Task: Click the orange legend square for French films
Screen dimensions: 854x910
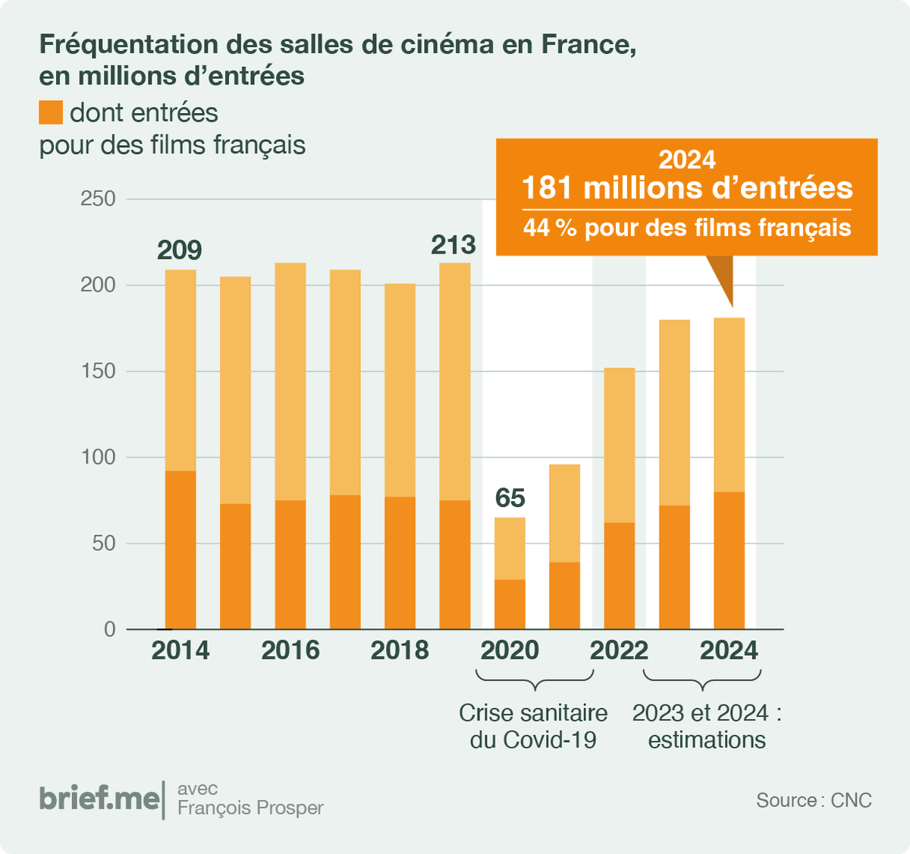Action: click(x=51, y=112)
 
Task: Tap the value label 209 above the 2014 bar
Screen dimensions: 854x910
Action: click(x=180, y=250)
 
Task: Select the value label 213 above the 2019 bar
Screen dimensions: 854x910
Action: click(x=453, y=244)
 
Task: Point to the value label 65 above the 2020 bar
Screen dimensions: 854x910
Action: click(x=510, y=498)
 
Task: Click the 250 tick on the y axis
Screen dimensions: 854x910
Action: click(x=98, y=199)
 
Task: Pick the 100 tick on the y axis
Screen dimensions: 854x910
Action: click(x=98, y=457)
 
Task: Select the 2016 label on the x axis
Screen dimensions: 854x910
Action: click(x=290, y=651)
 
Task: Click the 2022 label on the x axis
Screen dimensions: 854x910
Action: click(x=619, y=651)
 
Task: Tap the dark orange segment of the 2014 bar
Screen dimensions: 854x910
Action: click(x=180, y=550)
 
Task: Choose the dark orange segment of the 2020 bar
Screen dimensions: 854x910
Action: click(x=510, y=604)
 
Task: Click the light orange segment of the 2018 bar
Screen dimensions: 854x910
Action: click(x=400, y=390)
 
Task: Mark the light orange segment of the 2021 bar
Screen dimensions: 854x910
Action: click(x=564, y=513)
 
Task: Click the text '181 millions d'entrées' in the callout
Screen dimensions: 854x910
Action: click(x=687, y=188)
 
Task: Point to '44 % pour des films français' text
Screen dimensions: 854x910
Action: click(x=687, y=228)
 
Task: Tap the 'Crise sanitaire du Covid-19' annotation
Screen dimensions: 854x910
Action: click(x=533, y=726)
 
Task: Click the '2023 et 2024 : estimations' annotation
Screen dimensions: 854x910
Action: click(x=707, y=726)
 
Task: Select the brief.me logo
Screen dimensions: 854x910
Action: click(x=99, y=799)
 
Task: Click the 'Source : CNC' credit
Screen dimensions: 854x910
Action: click(x=814, y=800)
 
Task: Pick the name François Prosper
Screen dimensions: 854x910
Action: click(x=250, y=808)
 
